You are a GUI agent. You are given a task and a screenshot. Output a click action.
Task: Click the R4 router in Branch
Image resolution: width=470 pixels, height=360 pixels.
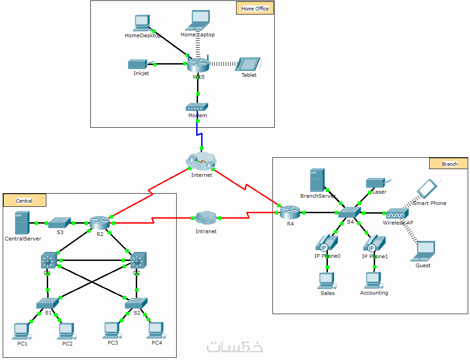(x=290, y=212)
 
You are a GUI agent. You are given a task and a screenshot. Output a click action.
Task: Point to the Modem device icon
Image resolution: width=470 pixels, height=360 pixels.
(x=197, y=107)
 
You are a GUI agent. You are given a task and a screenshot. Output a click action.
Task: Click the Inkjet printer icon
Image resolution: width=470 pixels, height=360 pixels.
(x=138, y=64)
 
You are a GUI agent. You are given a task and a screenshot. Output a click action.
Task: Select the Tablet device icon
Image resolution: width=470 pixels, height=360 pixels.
(x=248, y=64)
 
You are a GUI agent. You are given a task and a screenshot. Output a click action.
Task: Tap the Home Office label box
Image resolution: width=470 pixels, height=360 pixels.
(x=255, y=8)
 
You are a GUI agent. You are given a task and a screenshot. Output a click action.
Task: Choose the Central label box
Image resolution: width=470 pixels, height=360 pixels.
(x=25, y=200)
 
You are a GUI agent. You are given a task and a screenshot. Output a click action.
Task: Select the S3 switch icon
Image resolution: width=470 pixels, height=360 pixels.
(x=59, y=222)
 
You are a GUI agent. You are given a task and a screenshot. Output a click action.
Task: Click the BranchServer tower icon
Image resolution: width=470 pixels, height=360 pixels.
(x=317, y=180)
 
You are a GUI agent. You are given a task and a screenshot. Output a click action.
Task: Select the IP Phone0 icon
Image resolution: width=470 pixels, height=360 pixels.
(x=327, y=243)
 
